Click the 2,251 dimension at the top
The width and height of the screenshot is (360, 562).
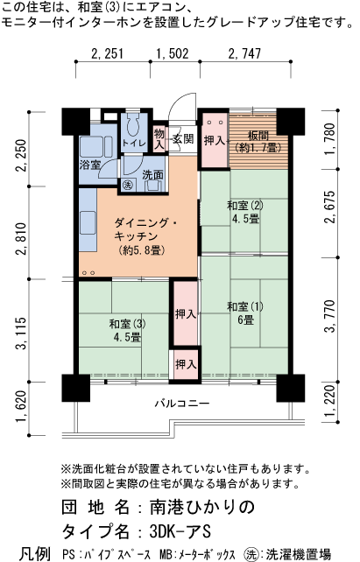(x=107, y=53)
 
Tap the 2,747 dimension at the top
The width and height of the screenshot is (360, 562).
(x=244, y=53)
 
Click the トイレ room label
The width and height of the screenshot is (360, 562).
(x=133, y=143)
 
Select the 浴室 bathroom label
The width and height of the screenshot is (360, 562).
(x=90, y=165)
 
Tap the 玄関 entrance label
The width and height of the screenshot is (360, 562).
(x=183, y=138)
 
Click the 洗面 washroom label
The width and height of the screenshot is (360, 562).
(x=152, y=173)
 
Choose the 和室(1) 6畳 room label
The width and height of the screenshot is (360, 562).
(x=244, y=313)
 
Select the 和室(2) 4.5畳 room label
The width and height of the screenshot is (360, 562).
(x=244, y=212)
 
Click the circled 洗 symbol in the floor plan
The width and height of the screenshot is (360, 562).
(x=127, y=186)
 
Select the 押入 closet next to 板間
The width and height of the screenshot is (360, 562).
(x=215, y=140)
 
